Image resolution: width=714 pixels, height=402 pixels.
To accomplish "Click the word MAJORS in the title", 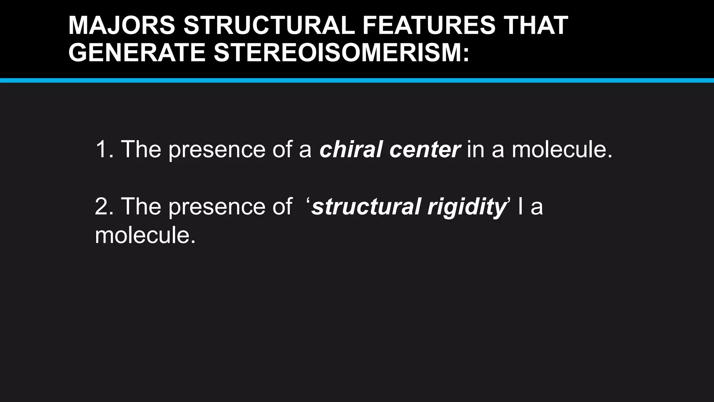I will [122, 25].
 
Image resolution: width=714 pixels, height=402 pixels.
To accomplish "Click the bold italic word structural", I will [366, 206].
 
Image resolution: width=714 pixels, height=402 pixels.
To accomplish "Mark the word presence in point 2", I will [217, 207].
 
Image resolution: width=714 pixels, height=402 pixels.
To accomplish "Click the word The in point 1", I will [141, 149].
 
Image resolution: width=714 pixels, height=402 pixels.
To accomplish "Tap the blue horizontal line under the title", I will [357, 81].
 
